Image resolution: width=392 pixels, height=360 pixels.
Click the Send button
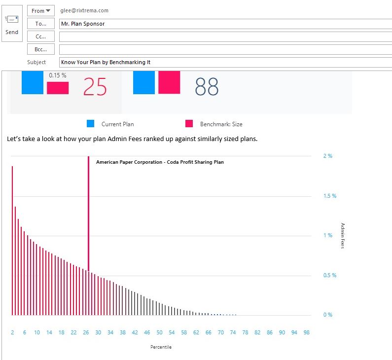[x=12, y=24]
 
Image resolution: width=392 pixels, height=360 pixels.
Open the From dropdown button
[x=41, y=11]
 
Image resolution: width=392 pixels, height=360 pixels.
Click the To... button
[x=41, y=24]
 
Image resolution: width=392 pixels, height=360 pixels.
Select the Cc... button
[x=41, y=36]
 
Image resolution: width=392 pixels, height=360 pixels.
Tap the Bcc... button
[x=41, y=49]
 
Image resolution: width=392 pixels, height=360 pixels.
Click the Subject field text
[x=105, y=62]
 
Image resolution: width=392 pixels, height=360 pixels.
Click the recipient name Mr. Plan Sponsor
[x=82, y=24]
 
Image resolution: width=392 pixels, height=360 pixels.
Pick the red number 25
[x=95, y=87]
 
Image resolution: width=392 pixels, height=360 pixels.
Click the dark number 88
[x=207, y=87]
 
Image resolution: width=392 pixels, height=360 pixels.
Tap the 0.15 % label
[x=58, y=75]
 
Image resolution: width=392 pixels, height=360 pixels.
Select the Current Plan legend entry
[x=117, y=124]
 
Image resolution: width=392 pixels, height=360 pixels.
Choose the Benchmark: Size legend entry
[x=221, y=124]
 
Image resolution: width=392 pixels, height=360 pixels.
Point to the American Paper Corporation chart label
[x=160, y=162]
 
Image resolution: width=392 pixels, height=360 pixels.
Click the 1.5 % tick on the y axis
[x=329, y=196]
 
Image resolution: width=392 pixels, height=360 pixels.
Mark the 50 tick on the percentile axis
[x=159, y=333]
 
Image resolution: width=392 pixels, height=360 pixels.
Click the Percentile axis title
[x=161, y=347]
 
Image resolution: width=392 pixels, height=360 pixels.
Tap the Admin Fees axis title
[x=343, y=236]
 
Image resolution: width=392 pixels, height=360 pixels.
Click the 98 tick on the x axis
[x=307, y=333]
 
